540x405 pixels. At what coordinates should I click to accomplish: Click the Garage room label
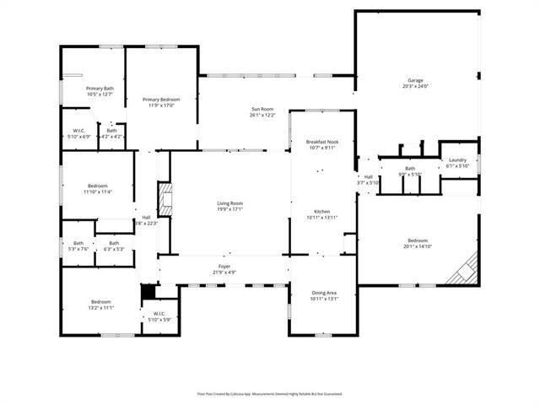click(x=415, y=80)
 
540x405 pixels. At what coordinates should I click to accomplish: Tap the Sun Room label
click(x=262, y=109)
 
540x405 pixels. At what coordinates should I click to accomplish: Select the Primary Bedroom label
click(x=161, y=100)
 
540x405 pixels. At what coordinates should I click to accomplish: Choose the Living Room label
click(x=229, y=203)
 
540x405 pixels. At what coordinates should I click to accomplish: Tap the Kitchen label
click(x=322, y=211)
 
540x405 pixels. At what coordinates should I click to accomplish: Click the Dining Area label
click(x=323, y=294)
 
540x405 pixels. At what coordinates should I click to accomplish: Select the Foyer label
click(x=224, y=266)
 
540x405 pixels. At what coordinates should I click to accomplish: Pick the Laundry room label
click(x=457, y=159)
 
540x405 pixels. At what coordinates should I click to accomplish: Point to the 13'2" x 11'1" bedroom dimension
click(x=101, y=308)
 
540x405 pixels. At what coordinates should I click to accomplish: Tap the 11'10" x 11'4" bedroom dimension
click(x=99, y=192)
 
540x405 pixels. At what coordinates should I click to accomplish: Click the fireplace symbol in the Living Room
click(x=167, y=202)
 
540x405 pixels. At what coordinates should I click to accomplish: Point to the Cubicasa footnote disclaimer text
click(x=269, y=393)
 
